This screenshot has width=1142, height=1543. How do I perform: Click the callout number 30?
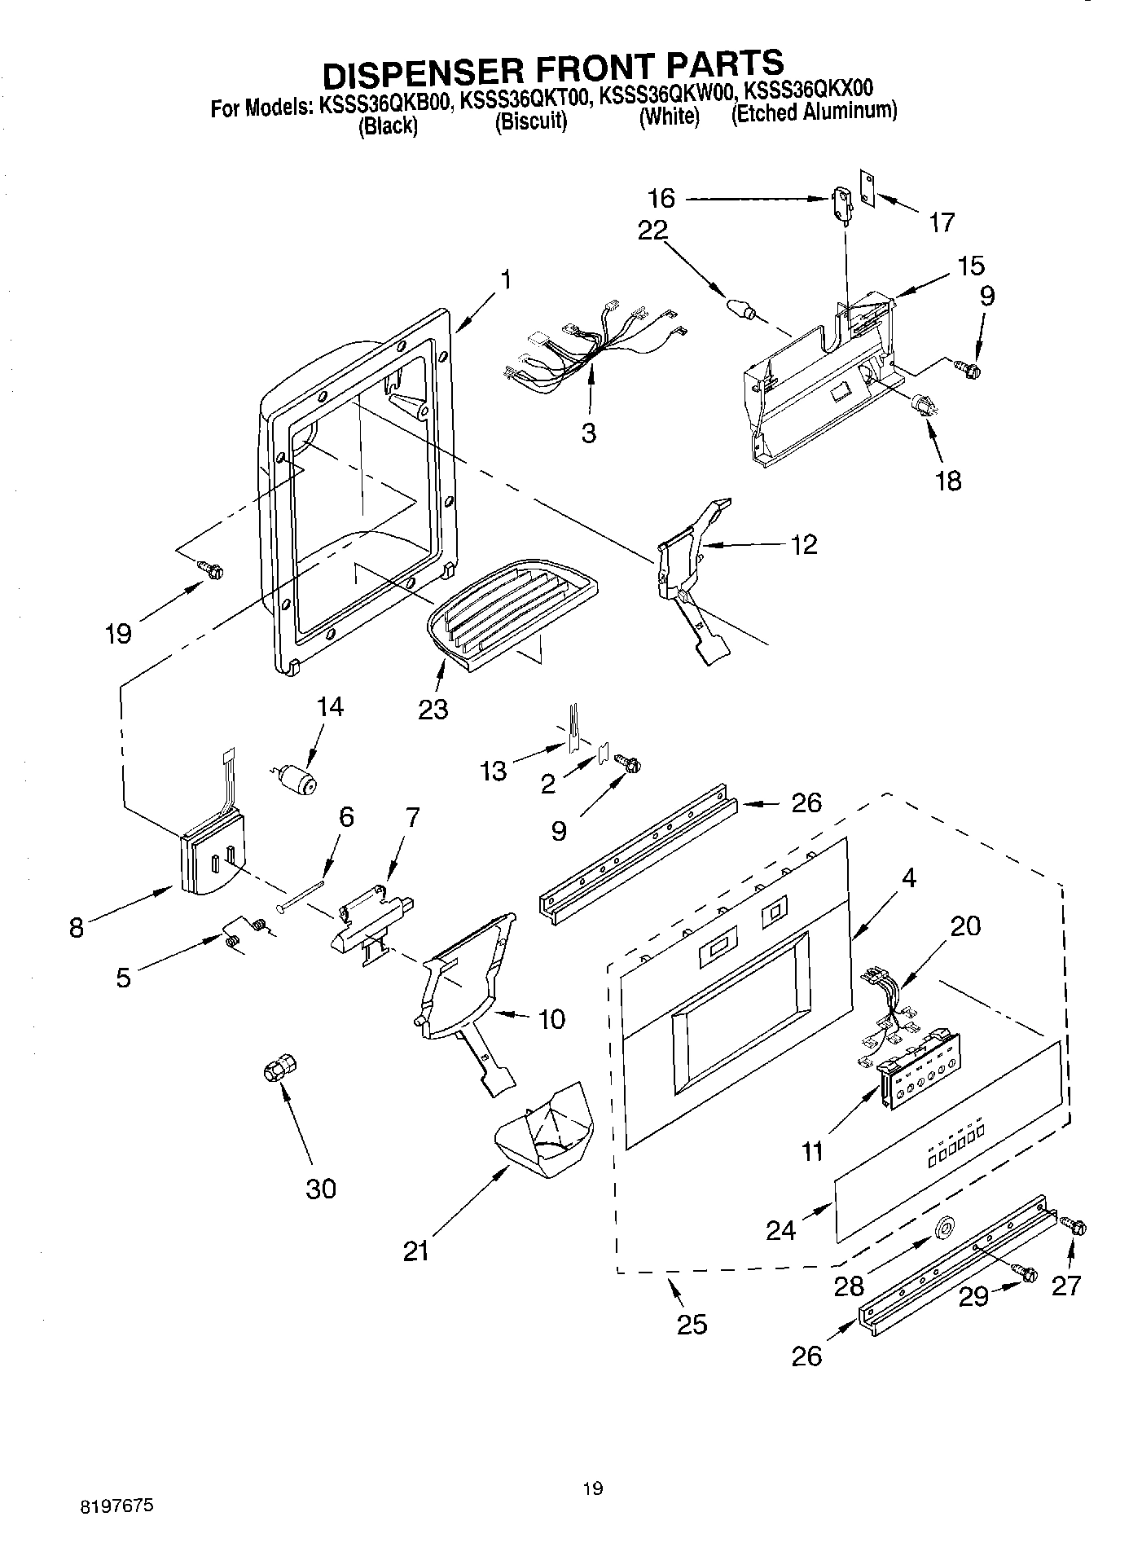tap(321, 1189)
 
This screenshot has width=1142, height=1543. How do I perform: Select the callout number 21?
tap(415, 1251)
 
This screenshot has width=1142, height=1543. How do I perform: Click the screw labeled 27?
tap(1074, 1227)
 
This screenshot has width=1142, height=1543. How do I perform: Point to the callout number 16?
tap(662, 198)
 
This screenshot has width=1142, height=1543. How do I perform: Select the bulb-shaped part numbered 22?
tap(739, 309)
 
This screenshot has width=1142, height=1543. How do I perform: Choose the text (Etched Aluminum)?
tap(814, 112)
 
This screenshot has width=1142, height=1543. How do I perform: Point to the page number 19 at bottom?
tap(593, 1489)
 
